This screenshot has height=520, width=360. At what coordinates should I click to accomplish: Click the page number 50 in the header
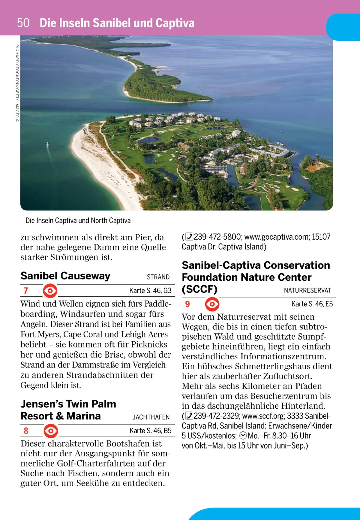click(x=23, y=23)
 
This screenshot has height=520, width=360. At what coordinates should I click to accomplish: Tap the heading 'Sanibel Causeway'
click(x=65, y=276)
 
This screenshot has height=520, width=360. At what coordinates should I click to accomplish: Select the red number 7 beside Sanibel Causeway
click(x=26, y=290)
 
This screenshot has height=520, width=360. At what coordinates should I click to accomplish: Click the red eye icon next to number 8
click(x=51, y=431)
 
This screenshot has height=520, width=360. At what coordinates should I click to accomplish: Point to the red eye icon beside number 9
click(x=212, y=304)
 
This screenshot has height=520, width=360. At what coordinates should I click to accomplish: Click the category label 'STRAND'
click(x=158, y=277)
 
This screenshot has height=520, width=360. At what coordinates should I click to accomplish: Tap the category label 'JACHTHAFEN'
click(x=151, y=417)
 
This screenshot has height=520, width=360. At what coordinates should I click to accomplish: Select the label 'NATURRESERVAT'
click(x=307, y=290)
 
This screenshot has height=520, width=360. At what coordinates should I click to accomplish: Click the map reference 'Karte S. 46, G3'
click(x=150, y=290)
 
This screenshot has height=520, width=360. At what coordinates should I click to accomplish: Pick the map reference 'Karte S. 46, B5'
click(x=150, y=431)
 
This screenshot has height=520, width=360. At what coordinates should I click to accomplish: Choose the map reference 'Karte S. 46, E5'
click(x=312, y=304)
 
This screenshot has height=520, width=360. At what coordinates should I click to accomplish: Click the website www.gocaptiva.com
click(x=277, y=237)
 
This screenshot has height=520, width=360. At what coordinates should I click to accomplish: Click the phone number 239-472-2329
click(x=216, y=416)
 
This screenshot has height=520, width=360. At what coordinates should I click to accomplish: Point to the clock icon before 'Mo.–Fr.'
click(x=243, y=436)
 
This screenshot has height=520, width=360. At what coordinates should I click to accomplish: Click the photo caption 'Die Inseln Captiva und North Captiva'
click(x=78, y=220)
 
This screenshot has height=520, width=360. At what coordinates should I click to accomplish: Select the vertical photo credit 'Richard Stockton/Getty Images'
click(x=17, y=83)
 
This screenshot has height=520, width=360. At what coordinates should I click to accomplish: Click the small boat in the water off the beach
click(x=47, y=144)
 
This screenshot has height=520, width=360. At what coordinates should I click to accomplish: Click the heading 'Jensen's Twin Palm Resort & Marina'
click(x=68, y=410)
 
